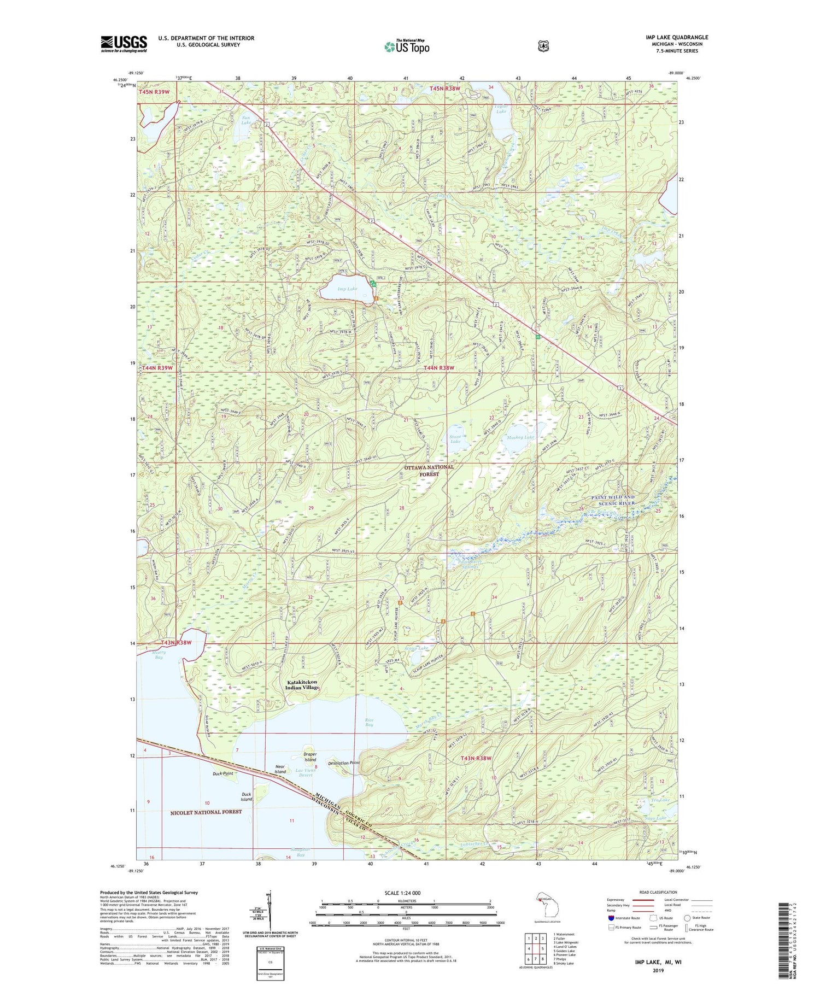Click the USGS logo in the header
pos(124,44)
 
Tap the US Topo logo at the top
pos(407,46)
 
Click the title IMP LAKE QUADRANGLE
pos(676,37)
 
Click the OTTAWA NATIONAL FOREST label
pos(429,471)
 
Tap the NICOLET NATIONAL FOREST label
pos(206,812)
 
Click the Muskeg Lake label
pos(520,437)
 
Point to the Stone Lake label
pos(455,439)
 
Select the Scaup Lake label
pos(417,648)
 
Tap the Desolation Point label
pos(343,763)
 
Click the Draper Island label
pos(310,757)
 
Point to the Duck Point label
pos(223,774)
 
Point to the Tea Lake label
pos(660,800)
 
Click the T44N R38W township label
pos(438,368)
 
